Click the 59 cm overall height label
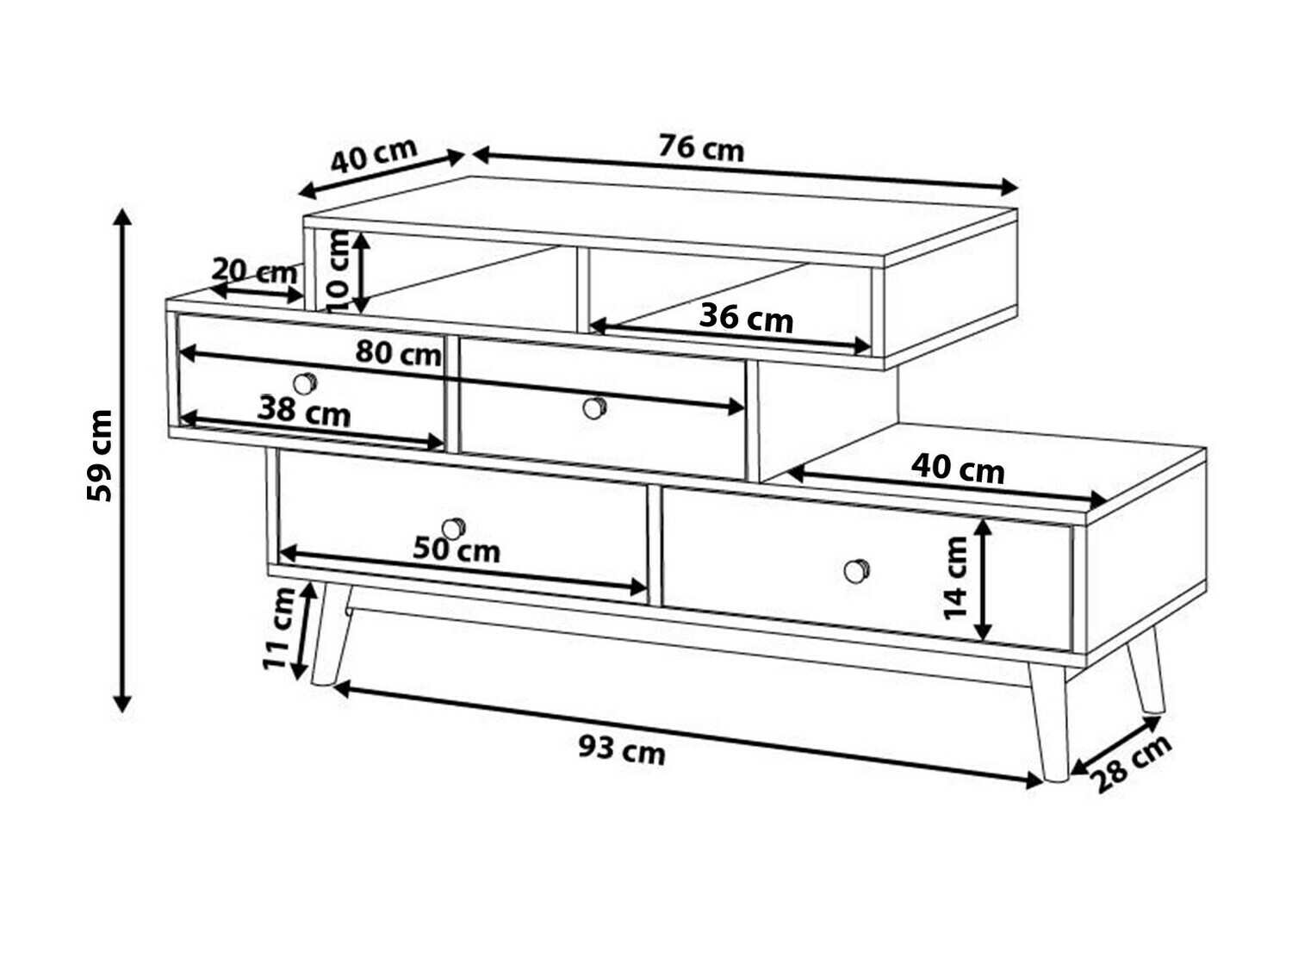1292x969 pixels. (99, 455)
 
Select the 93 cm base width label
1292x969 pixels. (622, 749)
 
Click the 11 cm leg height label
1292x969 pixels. (278, 628)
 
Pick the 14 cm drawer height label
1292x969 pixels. (954, 577)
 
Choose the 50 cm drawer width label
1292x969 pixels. (457, 550)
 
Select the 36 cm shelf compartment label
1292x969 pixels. (746, 320)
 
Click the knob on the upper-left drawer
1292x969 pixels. (305, 383)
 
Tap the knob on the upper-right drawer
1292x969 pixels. (594, 407)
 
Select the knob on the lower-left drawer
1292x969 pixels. (453, 528)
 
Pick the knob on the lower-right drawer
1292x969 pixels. (856, 570)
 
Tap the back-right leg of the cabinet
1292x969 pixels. (1145, 678)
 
